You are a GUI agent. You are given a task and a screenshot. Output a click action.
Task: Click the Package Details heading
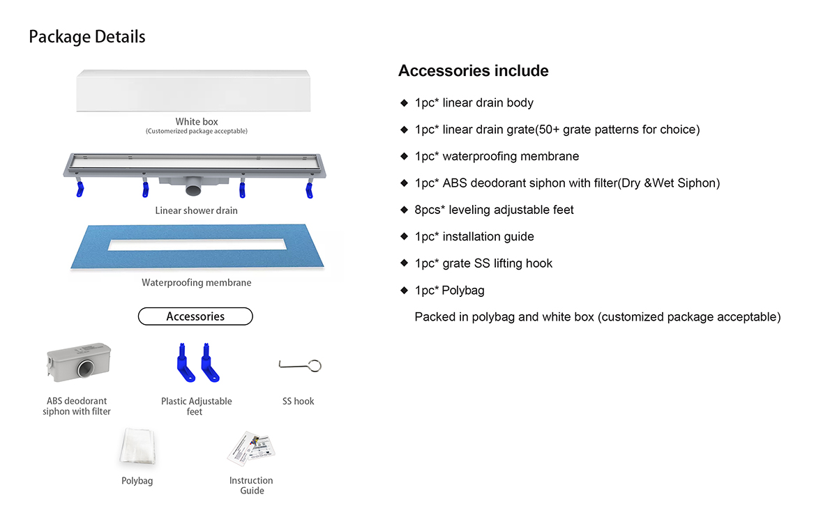(x=87, y=36)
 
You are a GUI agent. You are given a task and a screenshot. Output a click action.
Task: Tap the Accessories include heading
(x=473, y=71)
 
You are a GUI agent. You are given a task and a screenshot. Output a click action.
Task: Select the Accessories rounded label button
(x=195, y=316)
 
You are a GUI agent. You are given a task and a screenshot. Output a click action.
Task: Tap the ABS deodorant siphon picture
(x=77, y=364)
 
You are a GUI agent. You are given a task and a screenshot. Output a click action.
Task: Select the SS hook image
(x=300, y=365)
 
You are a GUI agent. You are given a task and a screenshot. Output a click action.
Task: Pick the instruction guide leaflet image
(x=252, y=447)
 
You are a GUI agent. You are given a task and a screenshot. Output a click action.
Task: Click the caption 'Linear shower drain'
(x=196, y=210)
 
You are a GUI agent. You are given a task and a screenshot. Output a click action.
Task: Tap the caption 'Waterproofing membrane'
(x=196, y=283)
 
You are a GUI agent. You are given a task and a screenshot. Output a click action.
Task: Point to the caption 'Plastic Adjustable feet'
(x=196, y=406)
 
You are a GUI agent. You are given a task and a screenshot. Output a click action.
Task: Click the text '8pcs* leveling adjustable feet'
(x=494, y=210)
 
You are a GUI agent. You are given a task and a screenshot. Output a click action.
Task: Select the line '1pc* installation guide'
(x=474, y=236)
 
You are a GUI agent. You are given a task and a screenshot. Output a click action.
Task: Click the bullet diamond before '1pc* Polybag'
(x=404, y=290)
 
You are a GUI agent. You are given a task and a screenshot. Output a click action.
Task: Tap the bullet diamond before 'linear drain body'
(x=404, y=103)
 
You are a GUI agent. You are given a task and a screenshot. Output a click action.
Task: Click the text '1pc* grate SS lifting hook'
(x=483, y=263)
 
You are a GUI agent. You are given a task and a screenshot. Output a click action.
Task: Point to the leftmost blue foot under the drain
(x=80, y=189)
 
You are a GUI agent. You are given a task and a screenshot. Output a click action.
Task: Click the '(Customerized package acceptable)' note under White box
(x=197, y=131)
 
